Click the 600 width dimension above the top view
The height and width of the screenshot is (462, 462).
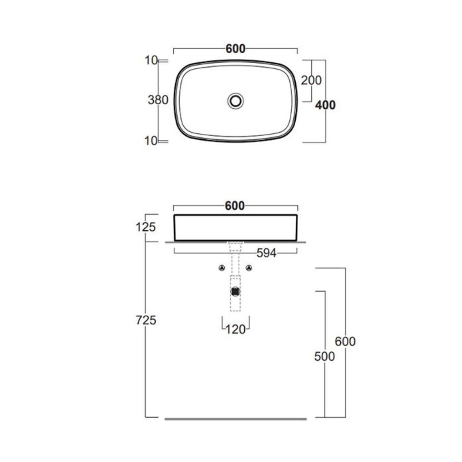[x=235, y=49]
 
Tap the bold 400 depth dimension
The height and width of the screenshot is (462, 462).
[x=325, y=105]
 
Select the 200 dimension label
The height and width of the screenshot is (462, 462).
[x=311, y=80]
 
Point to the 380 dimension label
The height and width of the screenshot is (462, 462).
[x=158, y=100]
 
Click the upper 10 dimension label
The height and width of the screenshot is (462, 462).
[x=151, y=60]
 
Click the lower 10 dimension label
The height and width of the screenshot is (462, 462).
[x=151, y=141]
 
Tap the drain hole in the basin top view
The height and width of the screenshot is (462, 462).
[x=235, y=101]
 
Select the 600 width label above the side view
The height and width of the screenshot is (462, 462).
[x=235, y=206]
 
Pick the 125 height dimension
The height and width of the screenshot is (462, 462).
[x=146, y=227]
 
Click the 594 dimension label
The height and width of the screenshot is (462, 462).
[x=266, y=253]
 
